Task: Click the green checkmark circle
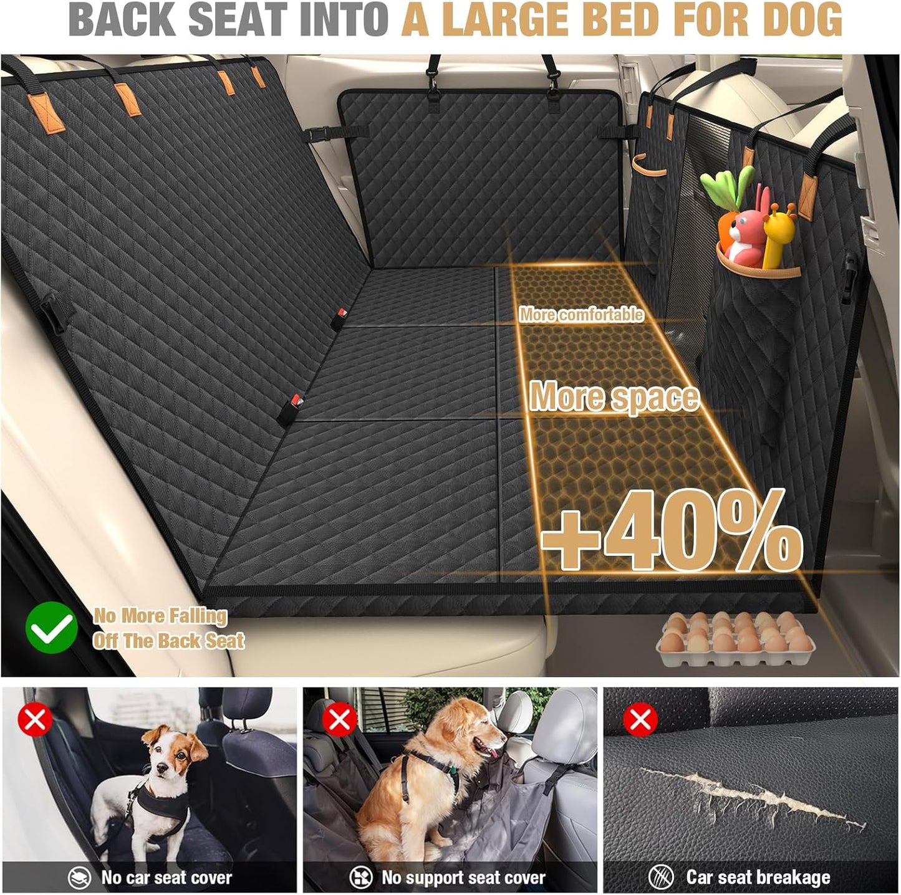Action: [52, 628]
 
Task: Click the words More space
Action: [614, 396]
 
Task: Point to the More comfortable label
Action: [581, 314]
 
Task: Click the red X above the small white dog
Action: [35, 720]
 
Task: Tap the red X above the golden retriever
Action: [339, 720]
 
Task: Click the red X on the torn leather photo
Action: [640, 720]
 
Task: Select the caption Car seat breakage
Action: [758, 877]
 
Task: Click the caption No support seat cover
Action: [463, 878]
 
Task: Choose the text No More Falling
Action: [160, 616]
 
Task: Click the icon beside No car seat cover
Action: [80, 878]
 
